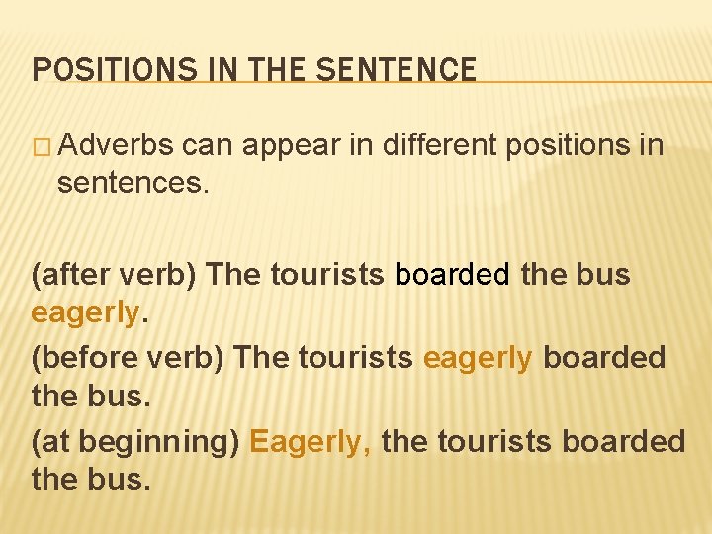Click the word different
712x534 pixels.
coord(440,145)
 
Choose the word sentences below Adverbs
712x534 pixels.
coord(133,182)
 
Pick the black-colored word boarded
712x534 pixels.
coord(453,274)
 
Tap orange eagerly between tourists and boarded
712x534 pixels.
coord(478,356)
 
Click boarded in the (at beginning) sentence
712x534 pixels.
coord(623,440)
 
